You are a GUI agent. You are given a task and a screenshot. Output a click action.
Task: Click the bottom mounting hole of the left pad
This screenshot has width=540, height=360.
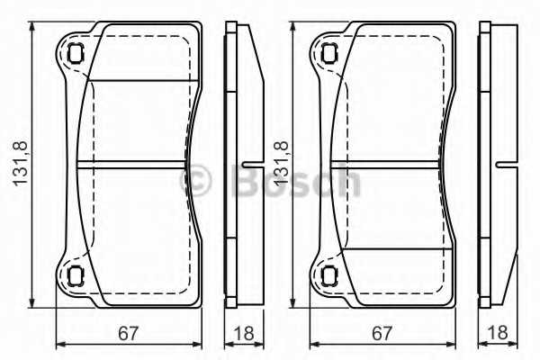[x=75, y=275]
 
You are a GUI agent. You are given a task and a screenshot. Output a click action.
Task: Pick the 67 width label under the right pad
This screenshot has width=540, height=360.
[x=383, y=334]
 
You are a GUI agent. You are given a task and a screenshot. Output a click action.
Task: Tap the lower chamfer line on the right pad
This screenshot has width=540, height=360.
[x=396, y=248]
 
